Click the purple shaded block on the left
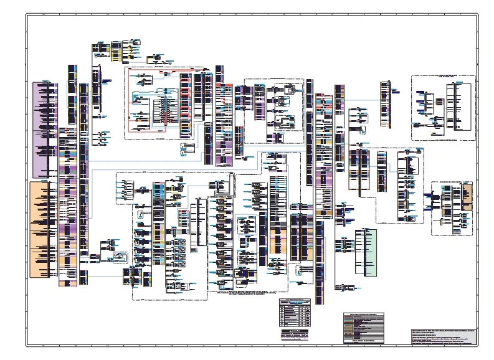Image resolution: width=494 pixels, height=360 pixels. click(x=45, y=130)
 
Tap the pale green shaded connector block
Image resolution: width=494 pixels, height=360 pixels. click(x=366, y=252)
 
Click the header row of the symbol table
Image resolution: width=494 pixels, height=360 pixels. click(x=296, y=300)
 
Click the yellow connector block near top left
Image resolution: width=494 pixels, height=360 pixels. click(x=116, y=51)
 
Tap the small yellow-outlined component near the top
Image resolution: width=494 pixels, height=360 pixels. click(x=153, y=59)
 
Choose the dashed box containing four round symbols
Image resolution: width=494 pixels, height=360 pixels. click(x=125, y=191)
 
